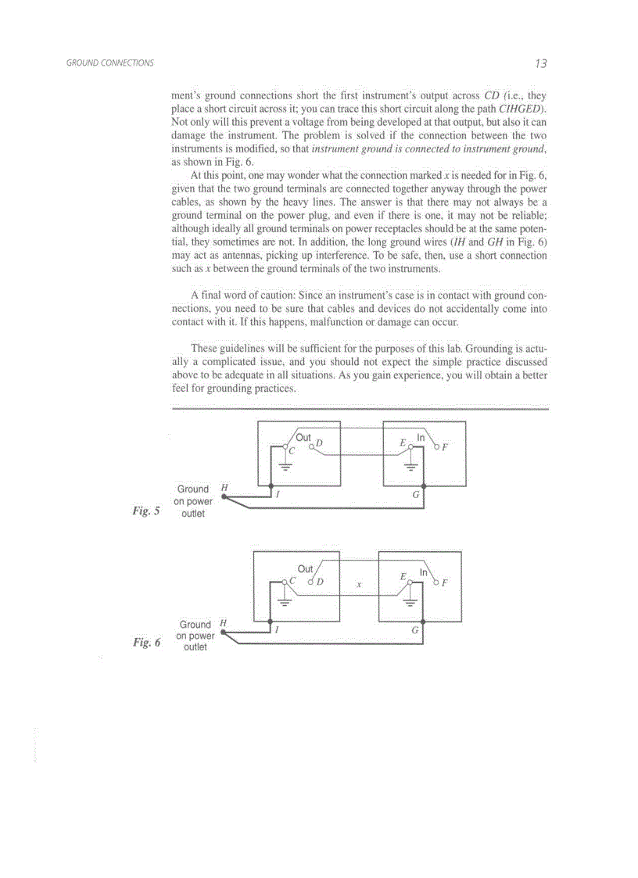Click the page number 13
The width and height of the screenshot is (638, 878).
click(x=541, y=63)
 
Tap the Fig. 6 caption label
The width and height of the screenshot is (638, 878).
click(x=146, y=642)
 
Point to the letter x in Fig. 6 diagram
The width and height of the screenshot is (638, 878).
click(x=359, y=584)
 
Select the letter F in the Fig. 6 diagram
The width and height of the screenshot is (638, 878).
click(x=444, y=582)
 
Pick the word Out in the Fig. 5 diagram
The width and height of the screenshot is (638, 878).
click(x=303, y=438)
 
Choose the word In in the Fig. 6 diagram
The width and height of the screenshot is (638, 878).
click(x=422, y=572)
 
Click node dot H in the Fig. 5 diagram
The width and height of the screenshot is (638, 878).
click(x=224, y=496)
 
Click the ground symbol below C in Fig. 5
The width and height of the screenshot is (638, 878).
click(x=285, y=467)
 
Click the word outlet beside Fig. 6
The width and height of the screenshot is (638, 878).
click(x=195, y=647)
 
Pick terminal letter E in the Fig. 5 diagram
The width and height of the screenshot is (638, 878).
click(x=403, y=443)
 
